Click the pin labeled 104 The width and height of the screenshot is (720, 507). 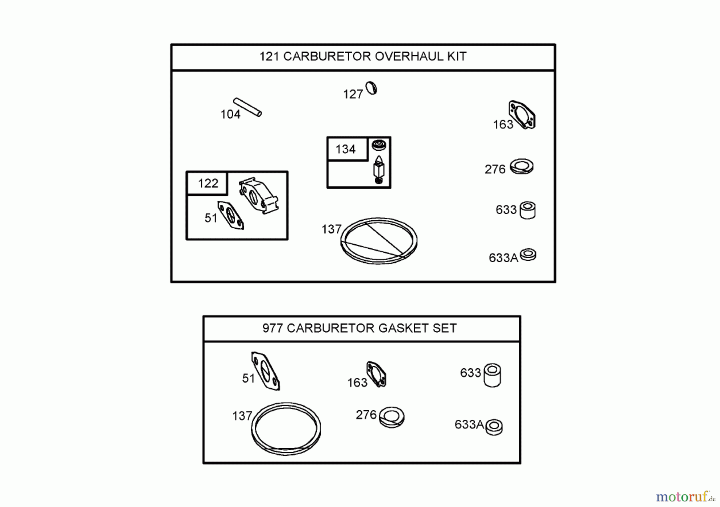point(248,107)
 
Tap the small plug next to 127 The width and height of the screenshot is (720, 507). point(372,88)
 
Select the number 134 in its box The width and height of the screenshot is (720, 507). point(346,150)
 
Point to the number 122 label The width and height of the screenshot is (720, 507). point(208,184)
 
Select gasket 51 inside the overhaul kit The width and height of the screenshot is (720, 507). point(230,216)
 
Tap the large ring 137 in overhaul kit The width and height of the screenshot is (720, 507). point(378,241)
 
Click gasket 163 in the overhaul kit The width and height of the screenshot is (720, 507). point(522,115)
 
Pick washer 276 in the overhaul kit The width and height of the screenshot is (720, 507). point(521,166)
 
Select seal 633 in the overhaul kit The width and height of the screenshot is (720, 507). point(527,210)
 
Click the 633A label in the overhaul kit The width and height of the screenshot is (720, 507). point(503,258)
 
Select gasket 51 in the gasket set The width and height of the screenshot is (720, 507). point(265,371)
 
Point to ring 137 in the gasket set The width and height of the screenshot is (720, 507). point(286,429)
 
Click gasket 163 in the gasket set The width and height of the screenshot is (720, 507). point(376,374)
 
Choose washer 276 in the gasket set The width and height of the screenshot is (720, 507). point(392,417)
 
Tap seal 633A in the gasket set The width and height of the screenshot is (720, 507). point(494,427)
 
